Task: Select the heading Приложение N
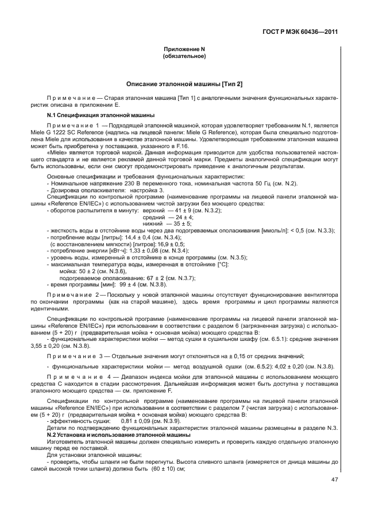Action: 184,50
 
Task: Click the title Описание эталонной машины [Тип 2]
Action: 184,84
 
